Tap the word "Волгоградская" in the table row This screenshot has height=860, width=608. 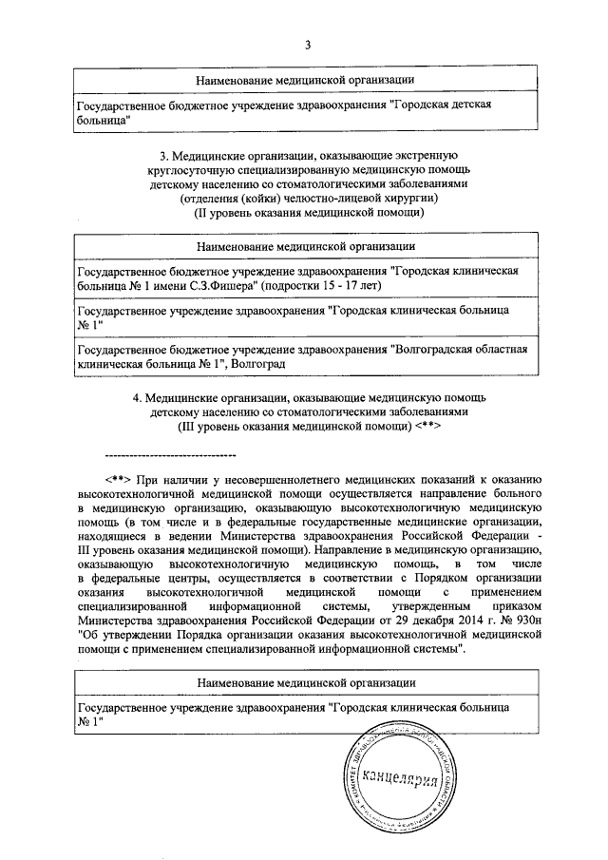[435, 350]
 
